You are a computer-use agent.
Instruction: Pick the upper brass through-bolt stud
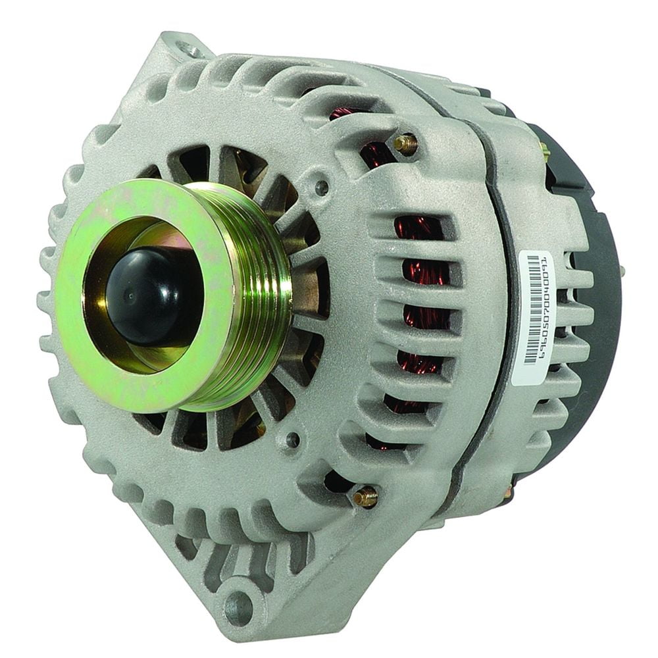(x=404, y=143)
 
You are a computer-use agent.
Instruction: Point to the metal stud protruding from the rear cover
(x=620, y=270)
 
